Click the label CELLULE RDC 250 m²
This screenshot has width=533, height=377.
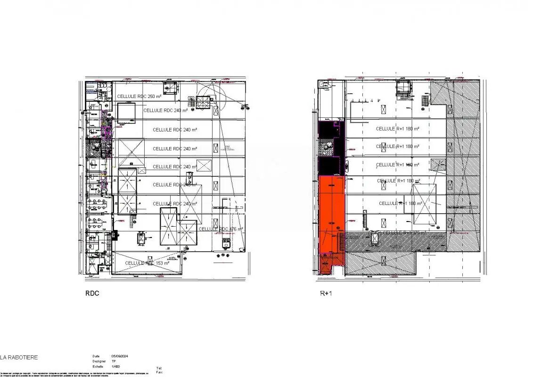tap(139, 97)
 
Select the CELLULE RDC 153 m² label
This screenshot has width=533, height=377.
tap(147, 263)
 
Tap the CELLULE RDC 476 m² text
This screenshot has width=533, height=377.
tap(221, 229)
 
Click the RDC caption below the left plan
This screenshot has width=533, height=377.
tap(92, 293)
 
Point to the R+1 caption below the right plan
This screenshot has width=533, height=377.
tap(326, 293)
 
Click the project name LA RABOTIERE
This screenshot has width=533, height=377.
tap(19, 358)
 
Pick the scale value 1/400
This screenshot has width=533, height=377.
tap(115, 366)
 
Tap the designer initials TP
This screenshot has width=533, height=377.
tap(114, 361)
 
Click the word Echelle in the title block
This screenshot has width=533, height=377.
tap(98, 366)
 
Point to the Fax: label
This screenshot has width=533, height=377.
tap(159, 372)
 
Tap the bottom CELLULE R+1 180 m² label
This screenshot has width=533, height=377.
tap(400, 204)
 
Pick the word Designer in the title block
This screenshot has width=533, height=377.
tap(99, 361)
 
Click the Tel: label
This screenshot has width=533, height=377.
tap(158, 368)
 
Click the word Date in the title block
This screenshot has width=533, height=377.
tap(96, 356)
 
